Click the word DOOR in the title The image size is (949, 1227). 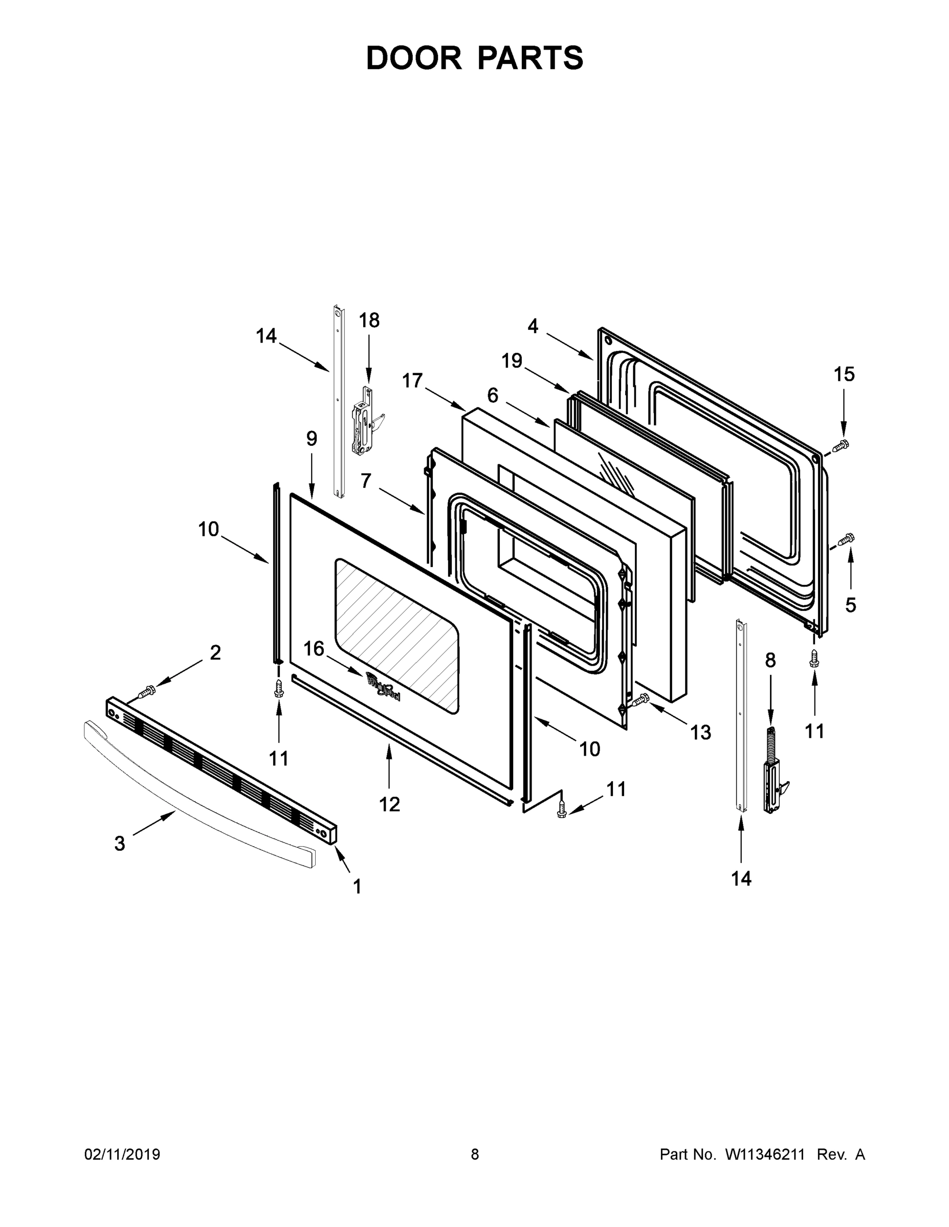point(414,58)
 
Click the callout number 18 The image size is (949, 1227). point(369,320)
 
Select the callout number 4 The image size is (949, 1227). point(533,326)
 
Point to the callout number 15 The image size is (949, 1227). point(844,374)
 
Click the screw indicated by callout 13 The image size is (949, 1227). point(641,699)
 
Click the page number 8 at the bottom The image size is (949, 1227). point(475,1154)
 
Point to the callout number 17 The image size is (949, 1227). point(412,381)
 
